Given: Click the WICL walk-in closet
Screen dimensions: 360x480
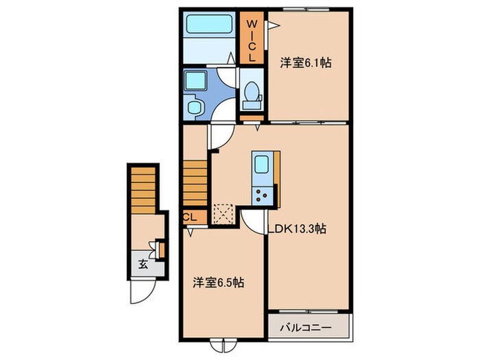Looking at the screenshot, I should tap(252, 39).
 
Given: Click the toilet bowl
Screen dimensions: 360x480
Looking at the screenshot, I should tap(252, 93).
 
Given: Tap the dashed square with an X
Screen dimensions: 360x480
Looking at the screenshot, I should tap(223, 213).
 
